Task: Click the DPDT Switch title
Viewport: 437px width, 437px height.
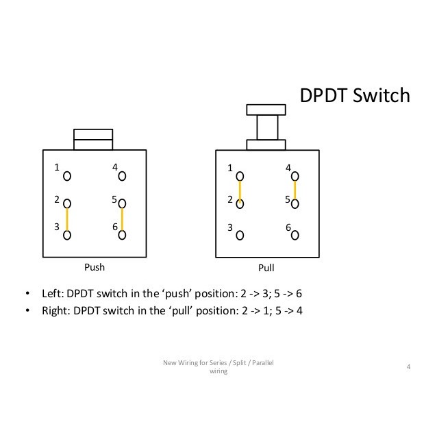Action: [355, 96]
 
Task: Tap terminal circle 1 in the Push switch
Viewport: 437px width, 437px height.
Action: [67, 176]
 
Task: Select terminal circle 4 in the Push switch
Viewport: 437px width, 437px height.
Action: [122, 176]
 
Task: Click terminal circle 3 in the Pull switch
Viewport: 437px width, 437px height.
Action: [240, 235]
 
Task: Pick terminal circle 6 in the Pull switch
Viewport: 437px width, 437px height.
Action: [295, 235]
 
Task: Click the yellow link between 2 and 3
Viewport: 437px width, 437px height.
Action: [67, 219]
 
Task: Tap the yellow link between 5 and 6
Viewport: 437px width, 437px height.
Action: [122, 219]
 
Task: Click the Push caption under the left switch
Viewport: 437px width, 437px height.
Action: [95, 267]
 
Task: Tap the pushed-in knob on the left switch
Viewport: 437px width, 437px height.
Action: [95, 140]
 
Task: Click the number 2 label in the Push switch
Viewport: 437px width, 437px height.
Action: [58, 199]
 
